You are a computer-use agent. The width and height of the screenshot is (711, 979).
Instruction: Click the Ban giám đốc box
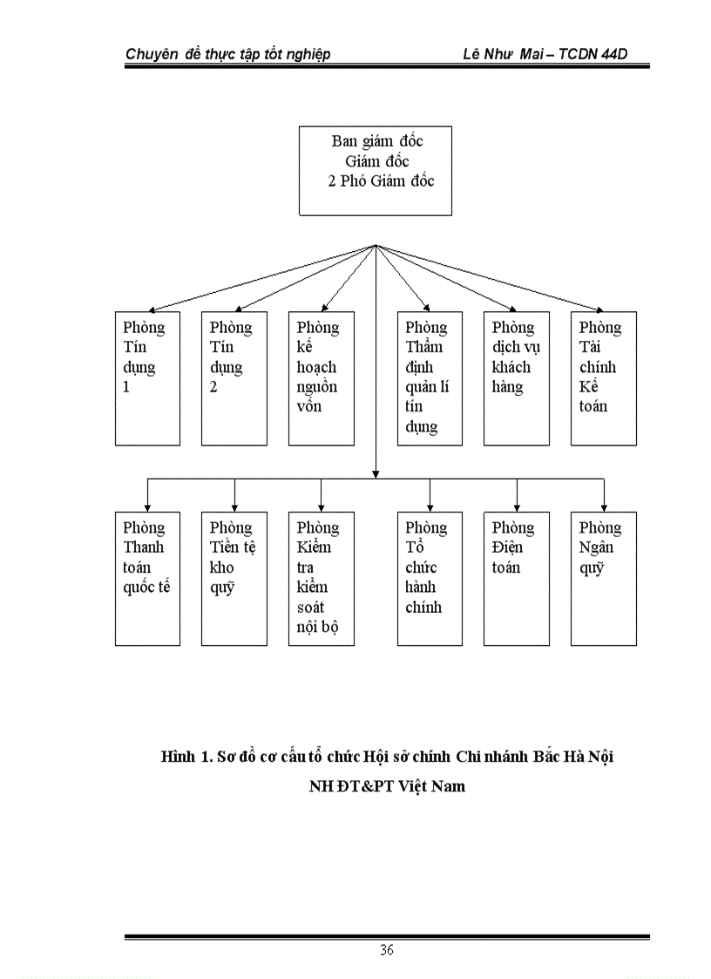(x=375, y=171)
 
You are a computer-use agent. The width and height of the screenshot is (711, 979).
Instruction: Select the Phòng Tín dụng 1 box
(x=147, y=378)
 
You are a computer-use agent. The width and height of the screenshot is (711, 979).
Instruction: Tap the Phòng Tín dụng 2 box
(x=234, y=378)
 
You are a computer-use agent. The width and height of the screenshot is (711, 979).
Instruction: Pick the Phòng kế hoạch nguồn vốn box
(x=322, y=378)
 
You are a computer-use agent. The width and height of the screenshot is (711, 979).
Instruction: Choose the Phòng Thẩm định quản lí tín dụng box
(x=430, y=378)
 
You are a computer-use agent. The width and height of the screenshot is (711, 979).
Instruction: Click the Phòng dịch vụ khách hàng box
(x=517, y=378)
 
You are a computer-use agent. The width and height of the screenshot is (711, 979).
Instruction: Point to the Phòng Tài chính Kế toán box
(x=604, y=378)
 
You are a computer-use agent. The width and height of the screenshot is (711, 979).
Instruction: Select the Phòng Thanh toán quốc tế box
(x=147, y=578)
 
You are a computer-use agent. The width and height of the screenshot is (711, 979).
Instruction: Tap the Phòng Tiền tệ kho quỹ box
(x=234, y=578)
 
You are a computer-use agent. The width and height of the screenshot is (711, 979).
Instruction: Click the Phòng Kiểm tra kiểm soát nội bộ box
(x=322, y=578)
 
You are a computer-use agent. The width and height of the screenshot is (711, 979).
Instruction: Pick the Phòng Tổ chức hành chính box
(x=430, y=578)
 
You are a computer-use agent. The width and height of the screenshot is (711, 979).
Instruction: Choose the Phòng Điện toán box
(x=517, y=578)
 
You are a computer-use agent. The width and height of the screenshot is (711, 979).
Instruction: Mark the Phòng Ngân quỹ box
(x=604, y=578)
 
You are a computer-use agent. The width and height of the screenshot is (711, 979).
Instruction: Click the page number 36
(x=386, y=949)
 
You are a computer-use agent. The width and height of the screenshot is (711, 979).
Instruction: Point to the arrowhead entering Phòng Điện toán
(x=518, y=506)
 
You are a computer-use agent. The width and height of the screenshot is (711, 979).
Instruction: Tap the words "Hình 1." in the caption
(x=186, y=756)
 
